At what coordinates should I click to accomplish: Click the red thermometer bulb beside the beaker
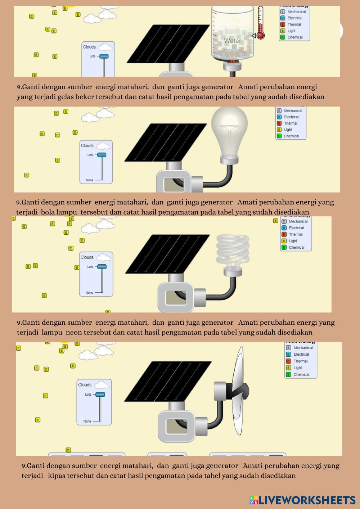261,35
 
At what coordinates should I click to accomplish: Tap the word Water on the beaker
233,41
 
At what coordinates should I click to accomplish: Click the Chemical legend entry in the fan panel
301,374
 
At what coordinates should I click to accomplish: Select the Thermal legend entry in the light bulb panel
291,123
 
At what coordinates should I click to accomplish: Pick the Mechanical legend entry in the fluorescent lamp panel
298,222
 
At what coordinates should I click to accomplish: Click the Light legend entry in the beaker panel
291,31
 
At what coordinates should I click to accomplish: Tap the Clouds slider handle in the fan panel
100,395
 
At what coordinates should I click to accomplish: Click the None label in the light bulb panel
89,180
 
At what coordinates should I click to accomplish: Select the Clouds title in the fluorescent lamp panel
87,257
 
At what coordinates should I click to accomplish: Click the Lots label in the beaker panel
93,56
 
